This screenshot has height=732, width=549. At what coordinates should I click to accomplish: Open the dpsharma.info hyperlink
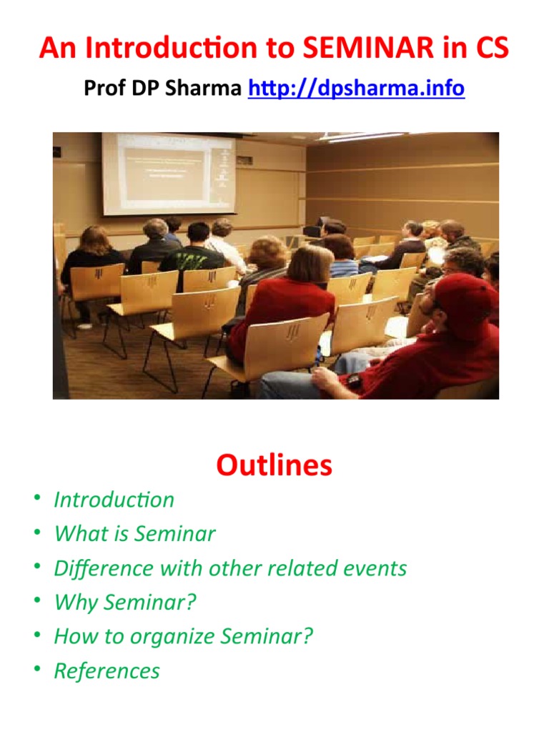[x=356, y=89]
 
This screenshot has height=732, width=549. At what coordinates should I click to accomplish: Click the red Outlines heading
[x=274, y=465]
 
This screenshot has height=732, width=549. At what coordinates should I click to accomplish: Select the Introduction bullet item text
[x=114, y=500]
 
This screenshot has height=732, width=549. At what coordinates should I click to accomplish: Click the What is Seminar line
[x=134, y=534]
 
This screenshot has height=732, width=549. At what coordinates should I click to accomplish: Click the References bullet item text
[x=107, y=671]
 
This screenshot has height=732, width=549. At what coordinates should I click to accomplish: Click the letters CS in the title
[x=491, y=49]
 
